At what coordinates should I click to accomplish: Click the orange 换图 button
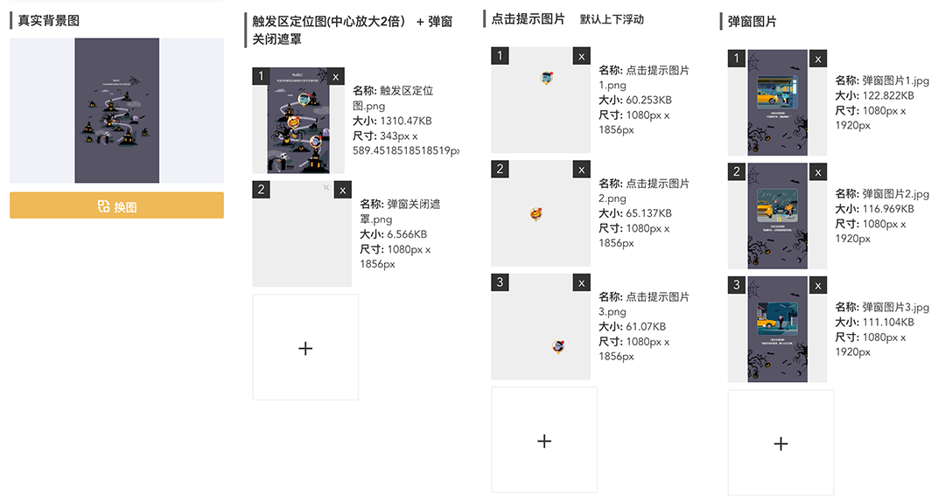(116, 206)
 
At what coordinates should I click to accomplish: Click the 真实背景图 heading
(49, 19)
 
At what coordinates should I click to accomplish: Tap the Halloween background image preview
(116, 110)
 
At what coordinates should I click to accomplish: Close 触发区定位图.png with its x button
(336, 77)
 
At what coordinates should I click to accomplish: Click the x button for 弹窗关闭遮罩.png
(342, 190)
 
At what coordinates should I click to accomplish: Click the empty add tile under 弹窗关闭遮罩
(305, 348)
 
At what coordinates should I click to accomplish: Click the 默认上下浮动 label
(612, 19)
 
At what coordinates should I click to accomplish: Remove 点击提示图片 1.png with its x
(581, 57)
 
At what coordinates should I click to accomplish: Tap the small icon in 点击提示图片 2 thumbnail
(536, 213)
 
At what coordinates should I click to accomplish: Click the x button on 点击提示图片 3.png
(581, 282)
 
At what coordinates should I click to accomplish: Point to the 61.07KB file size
(647, 326)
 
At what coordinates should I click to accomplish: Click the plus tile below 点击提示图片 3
(544, 441)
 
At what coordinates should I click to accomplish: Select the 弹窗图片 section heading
(752, 21)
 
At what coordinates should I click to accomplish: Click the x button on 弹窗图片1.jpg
(817, 59)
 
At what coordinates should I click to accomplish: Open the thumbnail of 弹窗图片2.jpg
(777, 216)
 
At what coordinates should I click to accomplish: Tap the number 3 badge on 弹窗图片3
(737, 285)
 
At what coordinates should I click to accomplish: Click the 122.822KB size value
(887, 96)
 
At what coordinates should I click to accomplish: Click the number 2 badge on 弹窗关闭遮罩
(262, 189)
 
